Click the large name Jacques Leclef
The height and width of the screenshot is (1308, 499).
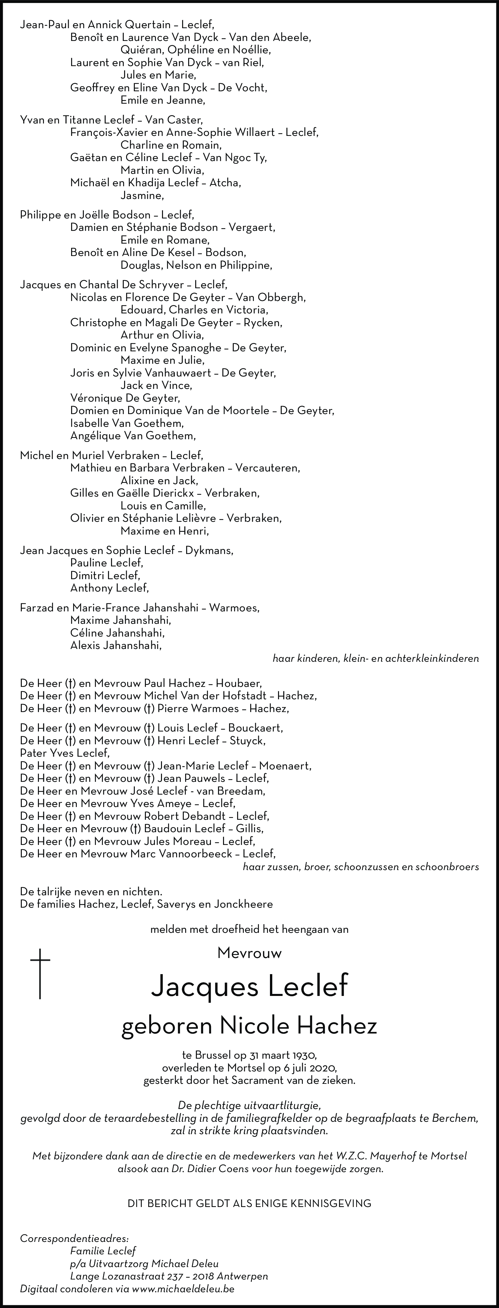point(249,986)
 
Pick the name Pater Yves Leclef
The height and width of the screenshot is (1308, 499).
point(64,753)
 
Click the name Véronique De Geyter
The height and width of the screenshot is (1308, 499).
point(125,398)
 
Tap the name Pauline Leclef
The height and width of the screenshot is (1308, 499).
point(107,563)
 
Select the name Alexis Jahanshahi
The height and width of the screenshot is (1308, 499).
point(116,645)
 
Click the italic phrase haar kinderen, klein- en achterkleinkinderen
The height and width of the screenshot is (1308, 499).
point(376,659)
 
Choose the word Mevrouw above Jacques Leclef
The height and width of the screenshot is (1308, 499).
point(249,953)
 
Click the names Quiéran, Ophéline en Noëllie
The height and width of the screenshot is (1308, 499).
point(196,50)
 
